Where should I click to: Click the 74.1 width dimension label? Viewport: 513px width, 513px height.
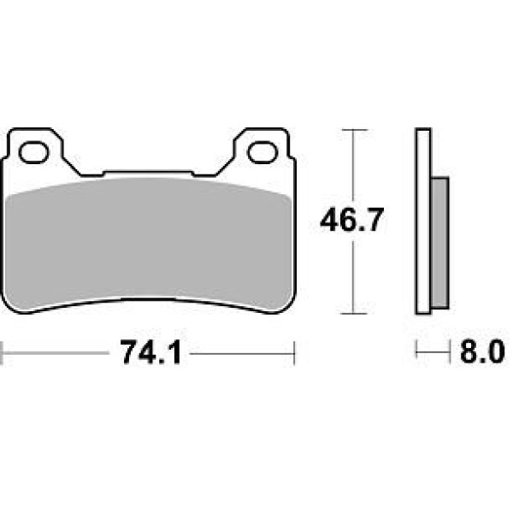pyautogui.click(x=150, y=352)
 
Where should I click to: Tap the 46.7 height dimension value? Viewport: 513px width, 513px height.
pyautogui.click(x=351, y=220)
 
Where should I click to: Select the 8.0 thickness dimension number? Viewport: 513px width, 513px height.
pyautogui.click(x=482, y=352)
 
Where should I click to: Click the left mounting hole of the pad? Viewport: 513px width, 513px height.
pyautogui.click(x=33, y=152)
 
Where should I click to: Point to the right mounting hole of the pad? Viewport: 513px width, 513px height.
pyautogui.click(x=262, y=152)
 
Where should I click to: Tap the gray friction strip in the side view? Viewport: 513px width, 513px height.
pyautogui.click(x=440, y=243)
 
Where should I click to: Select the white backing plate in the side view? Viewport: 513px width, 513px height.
pyautogui.click(x=424, y=221)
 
